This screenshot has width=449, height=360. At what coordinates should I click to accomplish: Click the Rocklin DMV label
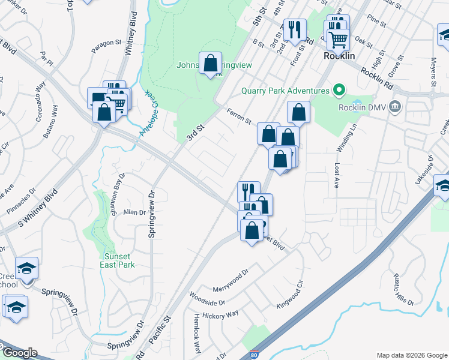(366, 108)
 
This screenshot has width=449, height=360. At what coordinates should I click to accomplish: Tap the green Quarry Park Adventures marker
(339, 91)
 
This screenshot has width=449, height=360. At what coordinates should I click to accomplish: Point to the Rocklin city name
(339, 55)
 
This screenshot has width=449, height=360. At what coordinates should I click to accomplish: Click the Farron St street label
(239, 115)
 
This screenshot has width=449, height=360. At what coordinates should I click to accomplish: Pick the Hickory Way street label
(221, 314)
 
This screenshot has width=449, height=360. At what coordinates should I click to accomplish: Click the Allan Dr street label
(134, 212)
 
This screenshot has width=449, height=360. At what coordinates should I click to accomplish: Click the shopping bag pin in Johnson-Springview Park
(210, 63)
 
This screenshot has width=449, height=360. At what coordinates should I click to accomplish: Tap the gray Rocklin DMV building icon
(395, 107)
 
